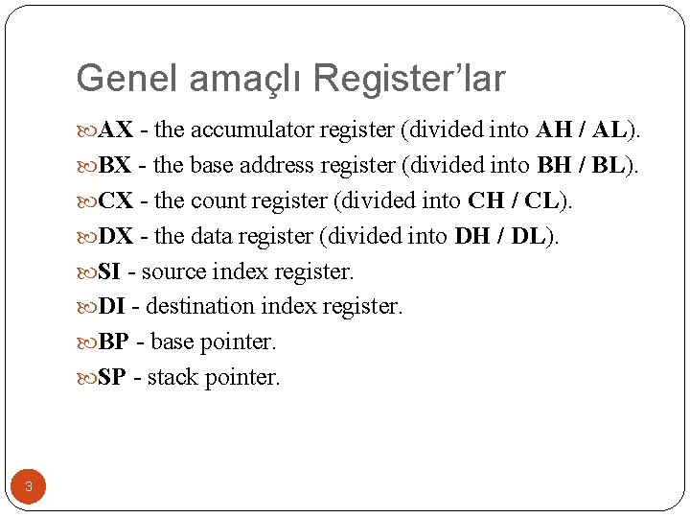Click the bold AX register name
[x=116, y=130]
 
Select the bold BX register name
[x=116, y=166]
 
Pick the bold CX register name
[x=116, y=201]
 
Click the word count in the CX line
[x=220, y=201]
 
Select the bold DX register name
[x=116, y=237]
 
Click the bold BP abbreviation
[x=114, y=342]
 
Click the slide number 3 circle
[x=28, y=487]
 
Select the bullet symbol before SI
[x=86, y=272]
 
